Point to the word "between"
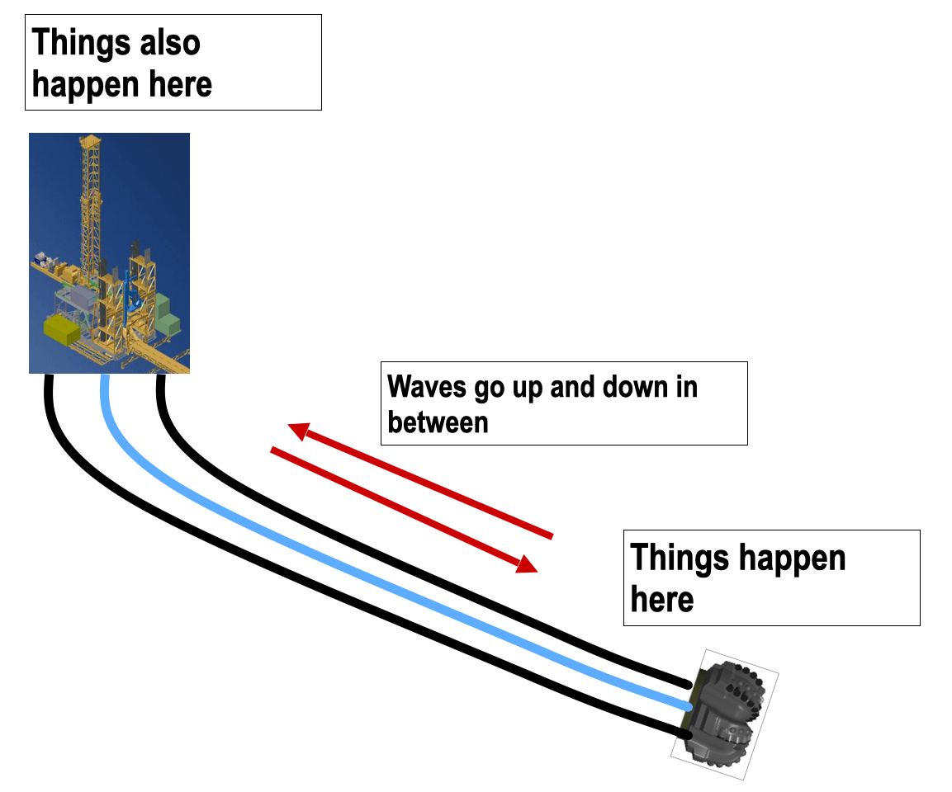pyautogui.click(x=438, y=422)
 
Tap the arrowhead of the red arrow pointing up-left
pyautogui.click(x=297, y=429)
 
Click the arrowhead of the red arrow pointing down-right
pyautogui.click(x=527, y=565)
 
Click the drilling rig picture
pyautogui.click(x=109, y=252)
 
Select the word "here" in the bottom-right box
pyautogui.click(x=662, y=598)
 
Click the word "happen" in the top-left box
pyautogui.click(x=82, y=84)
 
